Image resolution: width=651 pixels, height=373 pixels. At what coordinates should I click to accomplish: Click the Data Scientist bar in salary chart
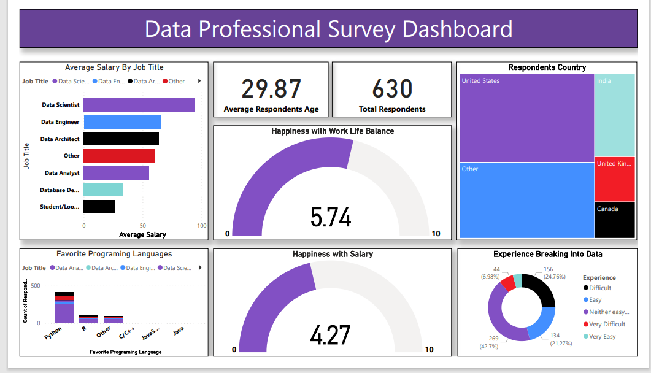coord(139,105)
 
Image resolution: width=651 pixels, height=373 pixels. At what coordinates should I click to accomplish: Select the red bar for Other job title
coord(119,156)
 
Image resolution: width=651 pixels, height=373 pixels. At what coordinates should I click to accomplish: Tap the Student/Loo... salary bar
coord(99,207)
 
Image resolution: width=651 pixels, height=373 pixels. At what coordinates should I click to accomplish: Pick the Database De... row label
coord(60,190)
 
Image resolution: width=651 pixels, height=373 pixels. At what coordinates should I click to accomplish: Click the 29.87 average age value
coord(271,89)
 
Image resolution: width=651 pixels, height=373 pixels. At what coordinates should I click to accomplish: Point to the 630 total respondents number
coord(392,89)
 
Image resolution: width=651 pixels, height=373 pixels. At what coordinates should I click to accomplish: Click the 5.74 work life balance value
coord(331,217)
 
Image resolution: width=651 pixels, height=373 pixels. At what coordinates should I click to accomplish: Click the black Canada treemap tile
coord(614,220)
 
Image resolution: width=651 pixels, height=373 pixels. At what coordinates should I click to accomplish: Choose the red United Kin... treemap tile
coord(614,179)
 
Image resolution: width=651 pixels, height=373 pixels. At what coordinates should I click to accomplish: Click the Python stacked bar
coord(64,307)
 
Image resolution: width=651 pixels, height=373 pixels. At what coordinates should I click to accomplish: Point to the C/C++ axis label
coord(127,334)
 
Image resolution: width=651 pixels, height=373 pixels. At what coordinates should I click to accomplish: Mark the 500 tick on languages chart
coord(35,286)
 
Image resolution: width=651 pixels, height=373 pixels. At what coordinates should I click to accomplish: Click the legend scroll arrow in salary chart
coord(198,81)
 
